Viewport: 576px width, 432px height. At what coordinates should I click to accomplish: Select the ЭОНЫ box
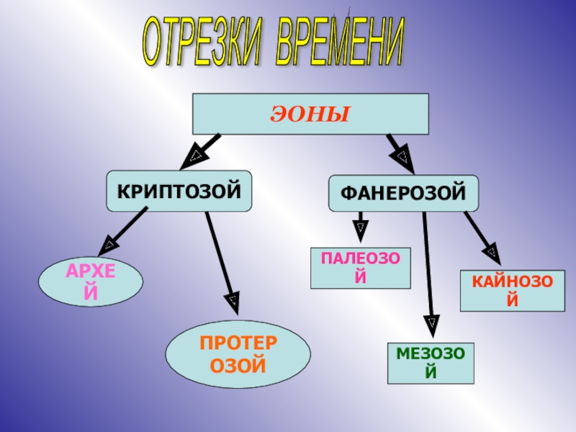(310, 114)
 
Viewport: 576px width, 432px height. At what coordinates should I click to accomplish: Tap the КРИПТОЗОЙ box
(179, 191)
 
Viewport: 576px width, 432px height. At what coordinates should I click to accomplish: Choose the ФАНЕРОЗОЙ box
(403, 193)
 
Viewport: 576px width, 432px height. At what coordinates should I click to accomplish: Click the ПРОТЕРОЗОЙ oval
(238, 354)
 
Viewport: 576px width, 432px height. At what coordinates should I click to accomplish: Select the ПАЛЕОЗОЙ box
(361, 267)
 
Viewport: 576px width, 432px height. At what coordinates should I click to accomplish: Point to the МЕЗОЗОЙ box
(431, 362)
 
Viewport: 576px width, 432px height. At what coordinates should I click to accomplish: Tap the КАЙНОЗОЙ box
(508, 290)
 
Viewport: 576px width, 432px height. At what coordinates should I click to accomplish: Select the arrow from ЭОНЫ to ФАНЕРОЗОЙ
(398, 152)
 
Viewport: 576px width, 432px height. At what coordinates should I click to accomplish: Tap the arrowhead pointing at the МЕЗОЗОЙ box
(431, 325)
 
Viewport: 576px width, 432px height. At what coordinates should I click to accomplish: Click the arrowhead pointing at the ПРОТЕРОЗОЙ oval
(232, 299)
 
